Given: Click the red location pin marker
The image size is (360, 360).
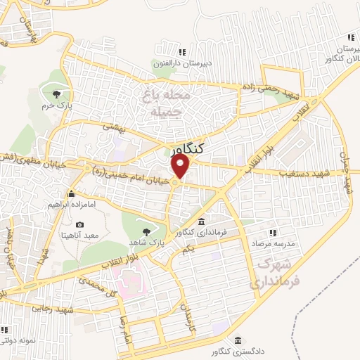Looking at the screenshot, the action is click(x=181, y=167).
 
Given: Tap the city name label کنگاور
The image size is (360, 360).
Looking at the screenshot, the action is click(x=188, y=148).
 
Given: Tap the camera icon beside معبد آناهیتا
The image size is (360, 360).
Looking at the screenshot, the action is click(x=79, y=225).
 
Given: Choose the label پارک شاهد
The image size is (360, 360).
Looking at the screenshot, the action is click(x=147, y=241).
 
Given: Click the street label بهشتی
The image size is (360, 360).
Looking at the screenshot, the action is click(x=113, y=127).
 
